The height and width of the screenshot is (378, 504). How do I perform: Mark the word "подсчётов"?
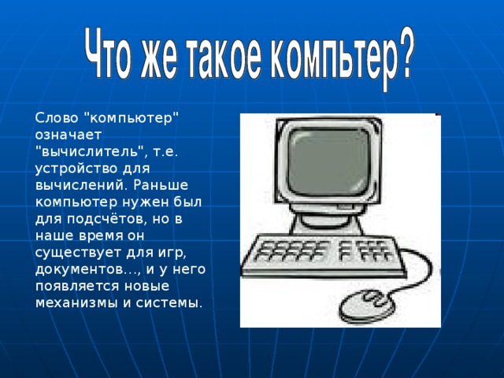[99, 218]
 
